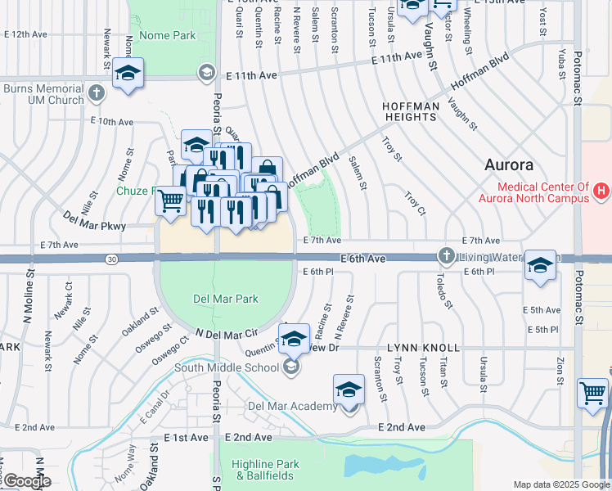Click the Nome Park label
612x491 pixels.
click(x=168, y=35)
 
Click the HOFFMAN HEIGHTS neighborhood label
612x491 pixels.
click(x=410, y=112)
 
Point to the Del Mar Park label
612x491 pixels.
click(x=225, y=299)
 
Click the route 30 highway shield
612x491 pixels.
click(x=110, y=259)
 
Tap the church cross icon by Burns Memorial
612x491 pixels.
click(x=97, y=91)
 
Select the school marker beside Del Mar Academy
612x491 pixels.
click(x=349, y=389)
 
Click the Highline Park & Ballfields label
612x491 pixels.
click(x=266, y=470)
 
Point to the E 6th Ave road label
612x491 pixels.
click(x=362, y=259)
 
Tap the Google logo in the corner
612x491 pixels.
click(x=26, y=481)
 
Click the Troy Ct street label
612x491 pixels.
click(x=416, y=204)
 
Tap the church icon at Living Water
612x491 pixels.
click(x=447, y=255)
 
